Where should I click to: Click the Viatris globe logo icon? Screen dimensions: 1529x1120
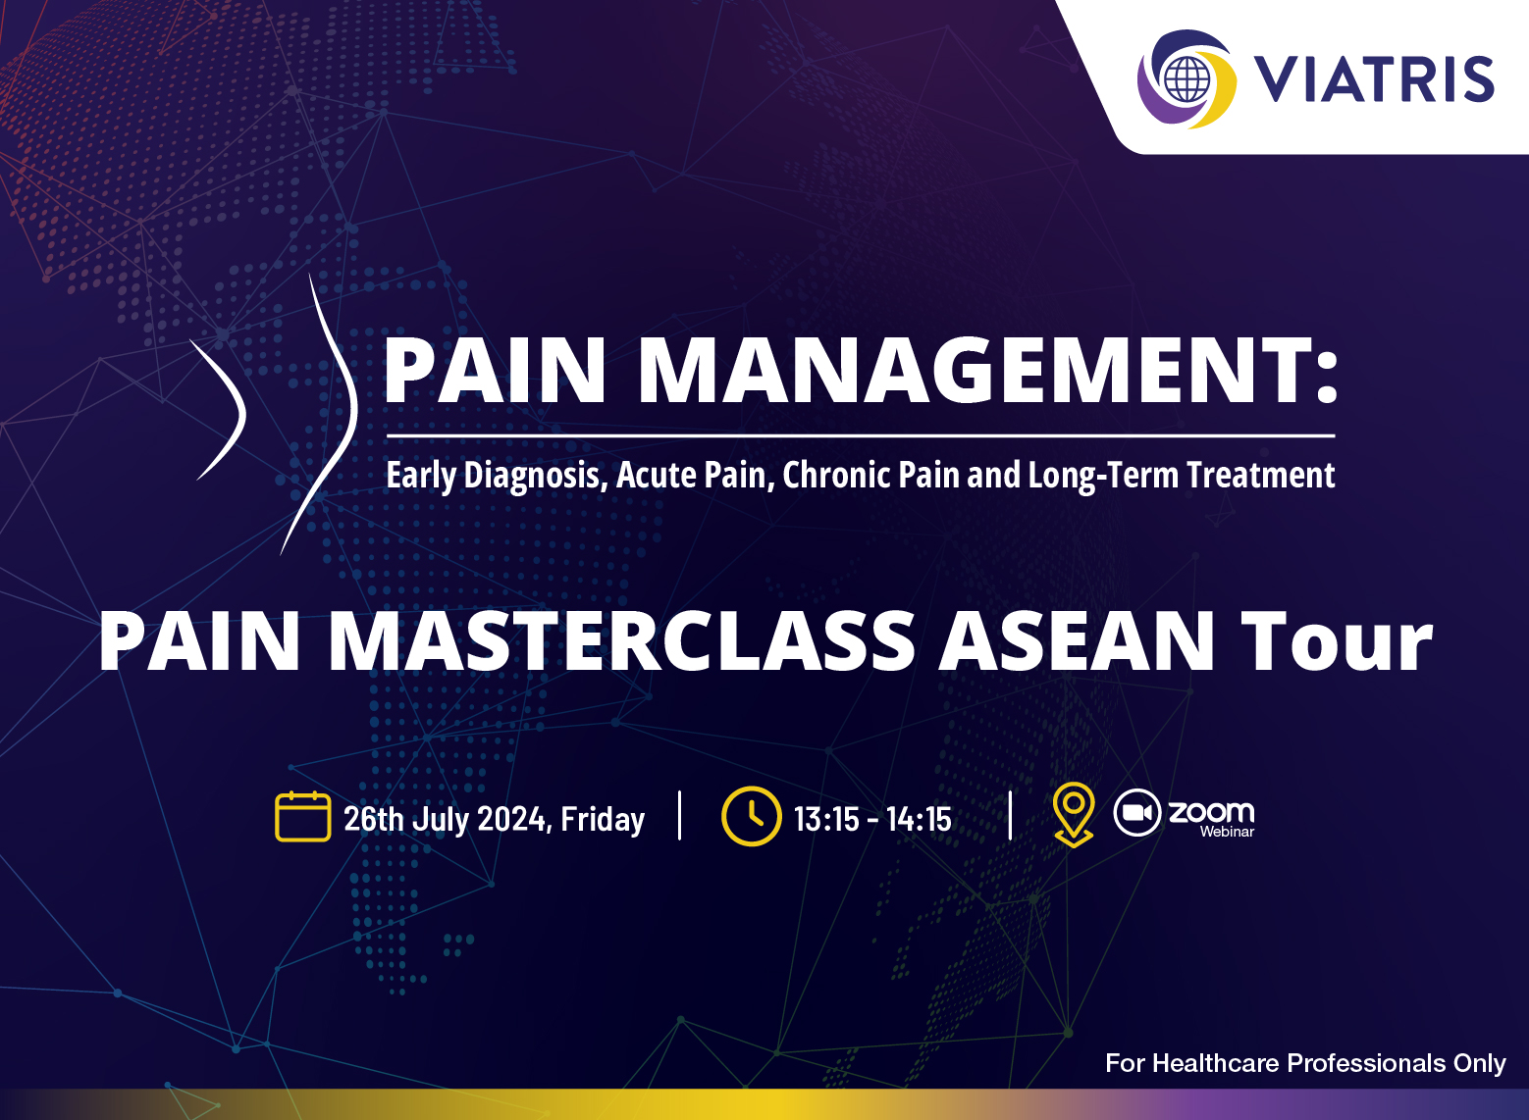click(x=1186, y=79)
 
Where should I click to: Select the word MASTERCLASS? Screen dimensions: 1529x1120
click(x=622, y=639)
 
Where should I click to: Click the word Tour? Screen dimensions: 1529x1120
click(x=1336, y=639)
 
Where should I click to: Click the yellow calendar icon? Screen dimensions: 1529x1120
click(x=303, y=817)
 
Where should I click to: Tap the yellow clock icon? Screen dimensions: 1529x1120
click(x=752, y=817)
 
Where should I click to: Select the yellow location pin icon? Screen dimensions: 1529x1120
click(x=1074, y=814)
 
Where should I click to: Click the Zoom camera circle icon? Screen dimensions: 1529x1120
click(x=1136, y=812)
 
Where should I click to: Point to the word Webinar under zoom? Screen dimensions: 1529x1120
click(x=1228, y=832)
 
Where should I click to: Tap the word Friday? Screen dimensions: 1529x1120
click(x=602, y=819)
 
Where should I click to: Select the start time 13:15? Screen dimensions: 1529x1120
click(x=826, y=819)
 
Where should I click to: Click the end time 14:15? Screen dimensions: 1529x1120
click(x=920, y=819)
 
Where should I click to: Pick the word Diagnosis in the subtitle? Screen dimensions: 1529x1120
click(x=535, y=476)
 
